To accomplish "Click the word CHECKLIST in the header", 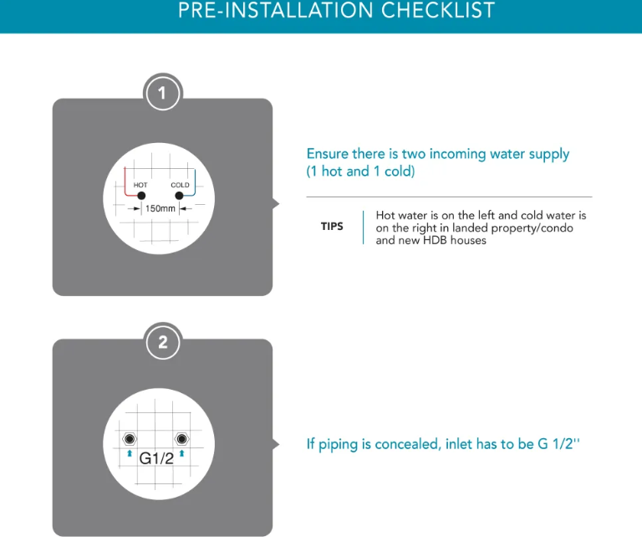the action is pos(438,10).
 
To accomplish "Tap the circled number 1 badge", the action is pos(163,93).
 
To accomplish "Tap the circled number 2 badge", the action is pos(163,342).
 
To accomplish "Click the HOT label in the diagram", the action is pos(140,185).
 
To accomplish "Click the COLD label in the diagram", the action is pos(181,185).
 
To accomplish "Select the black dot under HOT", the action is pos(141,196).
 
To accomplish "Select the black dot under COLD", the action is pos(179,196).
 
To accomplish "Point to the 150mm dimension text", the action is pos(160,208).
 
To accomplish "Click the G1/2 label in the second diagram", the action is pos(156,458).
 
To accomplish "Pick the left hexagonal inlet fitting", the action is pos(130,439).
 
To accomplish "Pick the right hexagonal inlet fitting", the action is pos(181,439).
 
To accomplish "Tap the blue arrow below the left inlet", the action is pos(130,453).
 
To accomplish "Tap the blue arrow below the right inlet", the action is pos(181,453).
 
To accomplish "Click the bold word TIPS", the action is pos(332,227).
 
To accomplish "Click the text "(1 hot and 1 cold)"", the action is pos(361,171).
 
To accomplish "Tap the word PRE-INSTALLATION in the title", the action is pos(276,10).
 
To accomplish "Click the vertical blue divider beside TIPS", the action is pos(363,227).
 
